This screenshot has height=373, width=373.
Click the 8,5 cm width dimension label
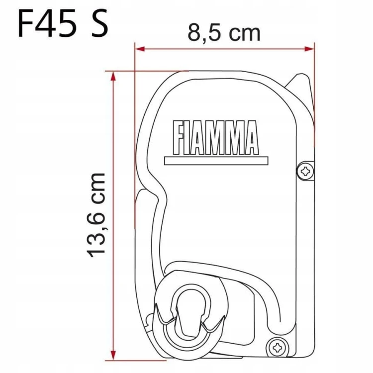point(224,33)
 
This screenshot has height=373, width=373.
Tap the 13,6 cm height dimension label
point(96,215)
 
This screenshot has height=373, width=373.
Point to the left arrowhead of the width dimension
point(140,49)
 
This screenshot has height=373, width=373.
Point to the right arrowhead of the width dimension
point(309,49)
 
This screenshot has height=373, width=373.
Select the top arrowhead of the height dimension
point(113,76)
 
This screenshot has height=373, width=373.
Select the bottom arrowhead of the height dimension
point(113,356)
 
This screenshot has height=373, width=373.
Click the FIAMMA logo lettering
point(215,138)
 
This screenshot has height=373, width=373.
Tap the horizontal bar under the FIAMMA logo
point(216,161)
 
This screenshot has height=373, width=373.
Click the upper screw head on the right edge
point(306,171)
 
